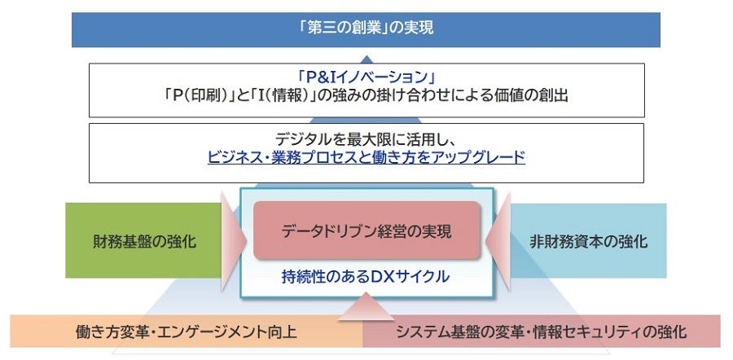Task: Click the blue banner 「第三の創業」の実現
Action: [365, 29]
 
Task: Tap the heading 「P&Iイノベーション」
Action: [365, 78]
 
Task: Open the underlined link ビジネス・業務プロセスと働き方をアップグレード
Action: [366, 157]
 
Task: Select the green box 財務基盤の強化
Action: [143, 241]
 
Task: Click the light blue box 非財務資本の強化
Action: [589, 241]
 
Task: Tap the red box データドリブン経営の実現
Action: [366, 230]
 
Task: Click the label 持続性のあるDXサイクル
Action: [366, 276]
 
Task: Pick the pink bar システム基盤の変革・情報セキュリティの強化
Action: [541, 331]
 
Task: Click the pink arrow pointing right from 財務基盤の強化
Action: [233, 242]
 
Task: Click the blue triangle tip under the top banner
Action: [366, 57]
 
